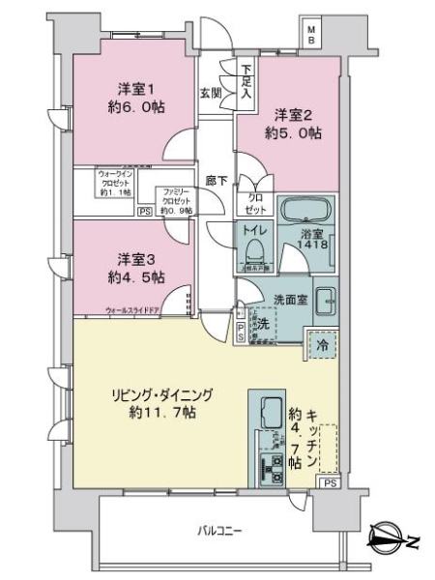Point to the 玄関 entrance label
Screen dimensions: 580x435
[x=211, y=92]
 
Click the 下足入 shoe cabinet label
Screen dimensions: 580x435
[x=246, y=82]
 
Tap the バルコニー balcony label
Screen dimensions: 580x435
[x=220, y=531]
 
